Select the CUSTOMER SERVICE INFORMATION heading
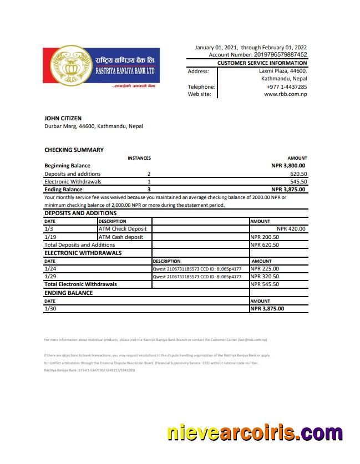pyautogui.click(x=262, y=63)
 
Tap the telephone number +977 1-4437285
pyautogui.click(x=287, y=86)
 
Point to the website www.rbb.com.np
pyautogui.click(x=286, y=94)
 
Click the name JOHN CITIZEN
pyautogui.click(x=63, y=118)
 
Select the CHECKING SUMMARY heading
pyautogui.click(x=74, y=150)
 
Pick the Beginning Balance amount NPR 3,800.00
pyautogui.click(x=288, y=165)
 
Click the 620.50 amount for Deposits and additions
pyautogui.click(x=298, y=174)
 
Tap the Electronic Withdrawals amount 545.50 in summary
pyautogui.click(x=298, y=181)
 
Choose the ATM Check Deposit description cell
pyautogui.click(x=123, y=228)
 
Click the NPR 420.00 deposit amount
pyautogui.click(x=291, y=228)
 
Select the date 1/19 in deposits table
pyautogui.click(x=49, y=237)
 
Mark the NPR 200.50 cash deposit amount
pyautogui.click(x=265, y=237)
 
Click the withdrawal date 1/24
pyautogui.click(x=49, y=268)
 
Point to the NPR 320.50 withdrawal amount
pyautogui.click(x=265, y=276)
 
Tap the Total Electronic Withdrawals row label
pyautogui.click(x=80, y=284)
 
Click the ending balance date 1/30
pyautogui.click(x=49, y=308)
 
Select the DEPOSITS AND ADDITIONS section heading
pyautogui.click(x=80, y=213)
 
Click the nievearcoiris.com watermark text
pyautogui.click(x=255, y=433)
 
